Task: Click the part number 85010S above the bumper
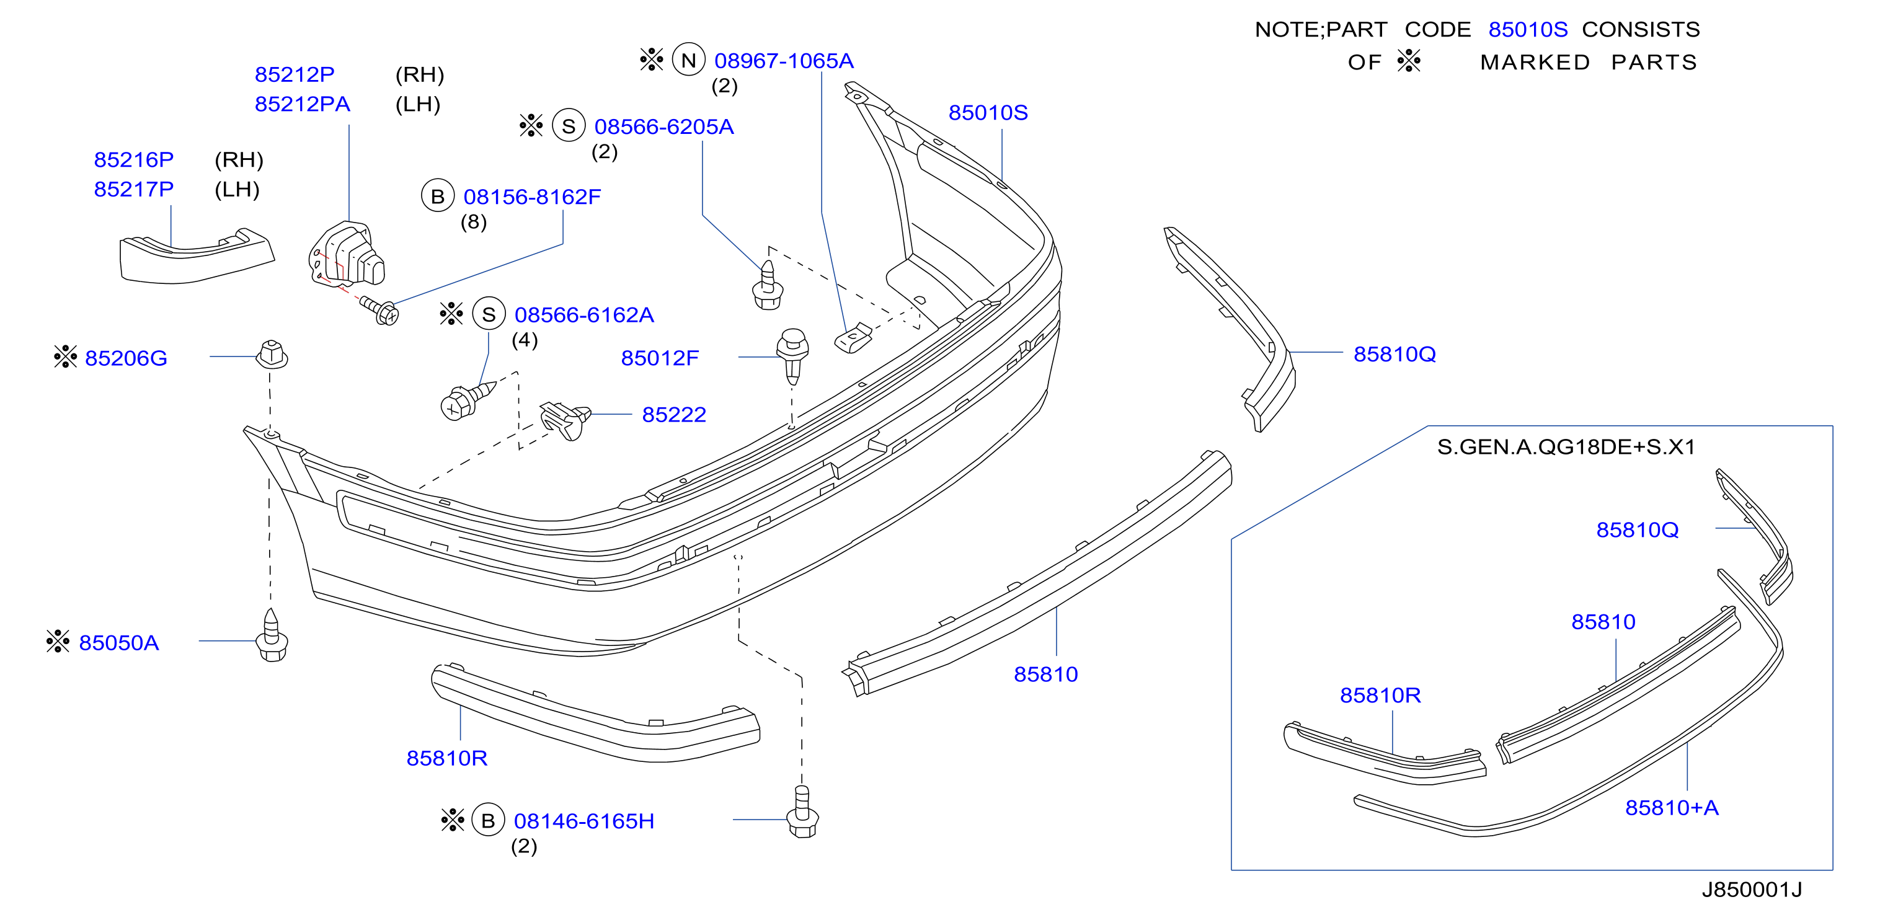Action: [988, 112]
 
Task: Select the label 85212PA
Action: [302, 104]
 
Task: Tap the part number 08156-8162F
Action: [532, 197]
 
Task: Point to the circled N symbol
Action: [688, 60]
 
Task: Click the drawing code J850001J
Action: [1752, 890]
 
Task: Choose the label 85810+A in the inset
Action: [1671, 808]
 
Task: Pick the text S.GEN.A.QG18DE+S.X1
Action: [1566, 446]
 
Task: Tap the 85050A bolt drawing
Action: [272, 635]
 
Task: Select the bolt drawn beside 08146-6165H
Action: [802, 812]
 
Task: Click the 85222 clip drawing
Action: [565, 420]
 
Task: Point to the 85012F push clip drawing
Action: [792, 356]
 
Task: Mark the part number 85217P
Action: [133, 189]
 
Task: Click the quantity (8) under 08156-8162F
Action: [473, 222]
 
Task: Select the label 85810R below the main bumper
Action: [446, 758]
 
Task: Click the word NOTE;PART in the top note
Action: [1321, 29]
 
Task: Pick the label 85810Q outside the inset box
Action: [1394, 354]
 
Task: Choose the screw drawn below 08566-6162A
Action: [468, 400]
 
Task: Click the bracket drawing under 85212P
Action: [345, 255]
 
